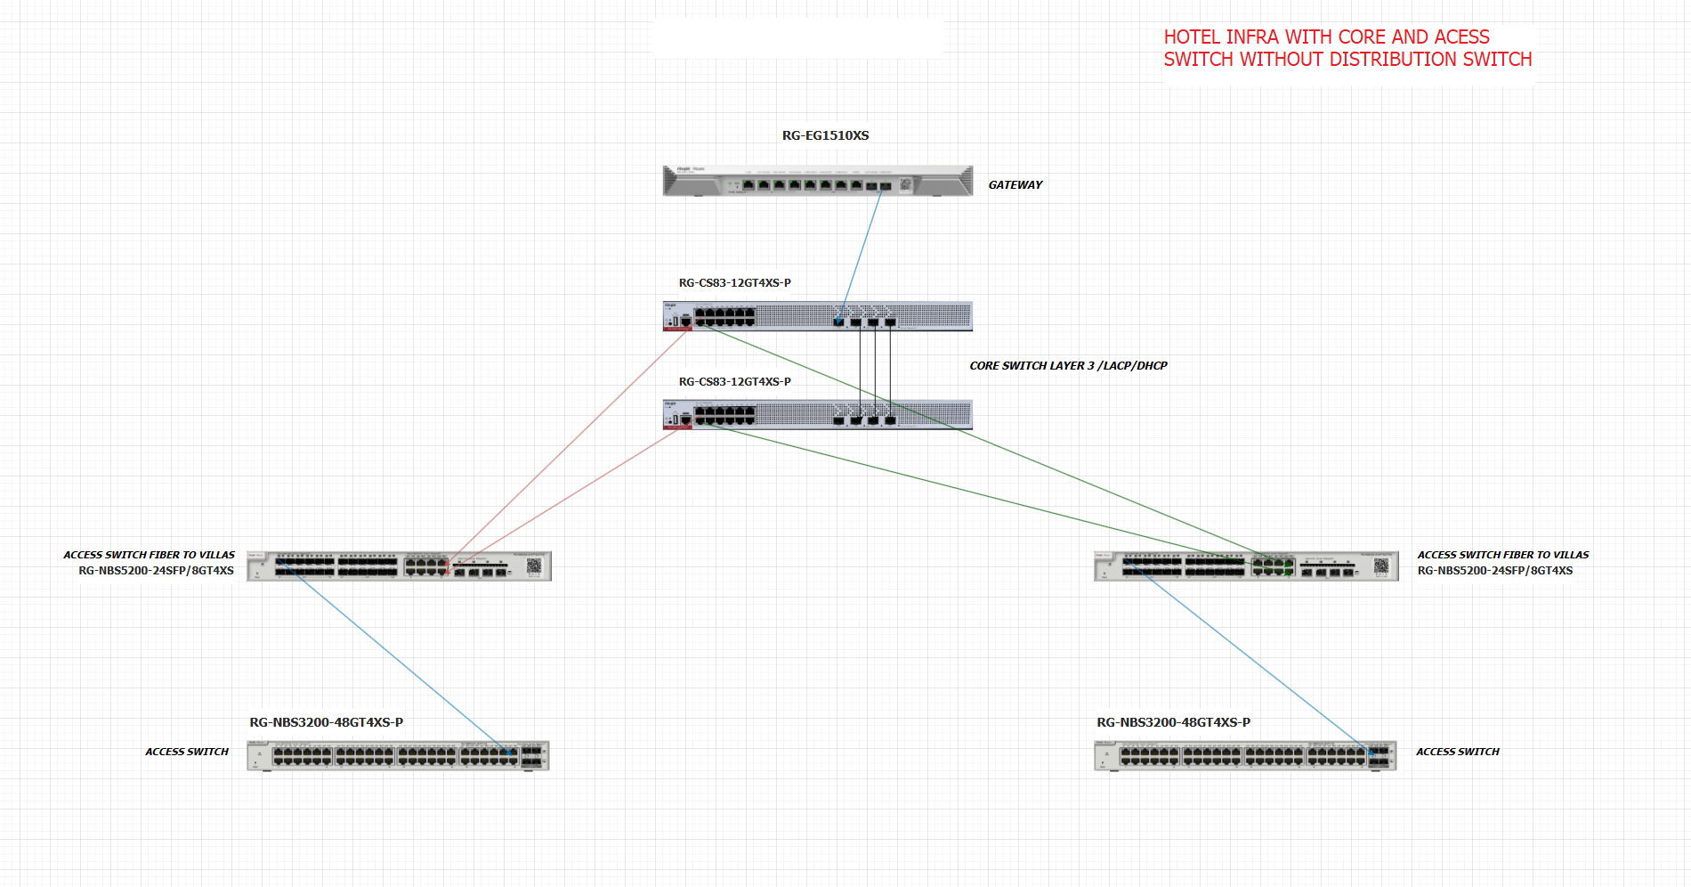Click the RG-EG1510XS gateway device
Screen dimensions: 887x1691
pos(817,181)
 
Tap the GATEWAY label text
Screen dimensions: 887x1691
pos(1015,185)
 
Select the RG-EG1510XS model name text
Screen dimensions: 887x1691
pos(825,135)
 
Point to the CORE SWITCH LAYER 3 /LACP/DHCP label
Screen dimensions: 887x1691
pos(1068,366)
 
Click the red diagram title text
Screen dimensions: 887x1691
pos(1347,48)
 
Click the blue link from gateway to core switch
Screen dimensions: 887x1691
pos(861,253)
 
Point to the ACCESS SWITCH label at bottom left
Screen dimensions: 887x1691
pos(187,752)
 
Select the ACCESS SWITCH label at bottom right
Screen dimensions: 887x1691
pos(1457,752)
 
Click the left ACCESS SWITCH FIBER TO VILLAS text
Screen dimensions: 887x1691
pos(149,555)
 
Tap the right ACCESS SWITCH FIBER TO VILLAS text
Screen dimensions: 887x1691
pos(1502,555)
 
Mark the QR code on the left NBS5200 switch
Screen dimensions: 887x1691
pos(534,566)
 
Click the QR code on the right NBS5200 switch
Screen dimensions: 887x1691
pos(1381,566)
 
